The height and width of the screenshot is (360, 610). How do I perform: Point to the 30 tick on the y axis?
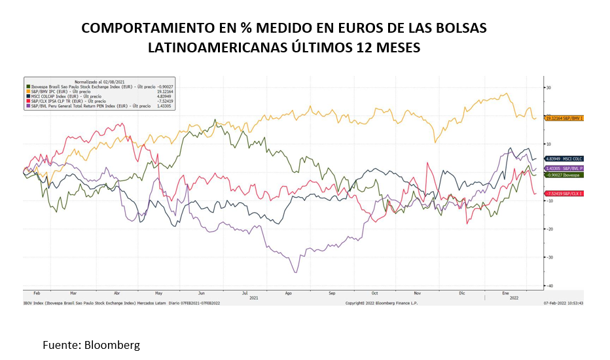tap(550, 87)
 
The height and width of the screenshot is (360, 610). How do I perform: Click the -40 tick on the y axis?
tap(550, 285)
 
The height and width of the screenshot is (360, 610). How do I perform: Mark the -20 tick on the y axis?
tap(550, 229)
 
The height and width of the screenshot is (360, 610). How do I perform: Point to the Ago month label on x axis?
tap(289, 293)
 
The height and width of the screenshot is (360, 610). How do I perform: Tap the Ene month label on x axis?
tap(505, 293)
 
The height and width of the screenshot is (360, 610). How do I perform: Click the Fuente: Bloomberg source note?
tap(91, 344)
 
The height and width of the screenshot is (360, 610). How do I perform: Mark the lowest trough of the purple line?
tap(296, 272)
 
